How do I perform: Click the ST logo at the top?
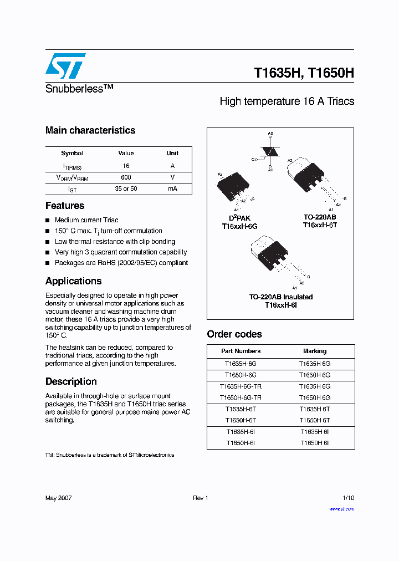click(65, 66)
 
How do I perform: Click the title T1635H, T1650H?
click(304, 73)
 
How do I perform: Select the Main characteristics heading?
click(90, 130)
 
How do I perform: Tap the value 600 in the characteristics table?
click(126, 177)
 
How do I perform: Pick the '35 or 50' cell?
click(126, 189)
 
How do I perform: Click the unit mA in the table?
click(172, 189)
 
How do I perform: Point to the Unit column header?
click(172, 153)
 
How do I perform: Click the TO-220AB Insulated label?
click(281, 297)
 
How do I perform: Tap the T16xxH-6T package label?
click(320, 226)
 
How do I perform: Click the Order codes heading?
click(234, 334)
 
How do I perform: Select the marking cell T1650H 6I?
click(315, 443)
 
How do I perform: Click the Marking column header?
click(315, 351)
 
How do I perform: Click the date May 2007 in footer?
click(58, 498)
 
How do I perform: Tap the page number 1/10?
click(348, 498)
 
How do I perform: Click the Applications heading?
click(73, 281)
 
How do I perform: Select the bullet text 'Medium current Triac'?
click(86, 220)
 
